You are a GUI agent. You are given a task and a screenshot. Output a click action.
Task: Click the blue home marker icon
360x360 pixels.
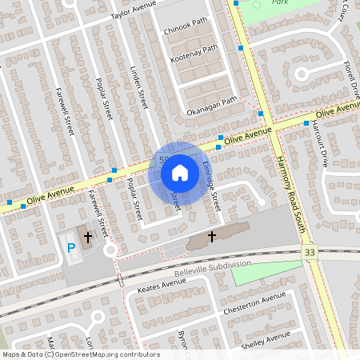click(180, 172)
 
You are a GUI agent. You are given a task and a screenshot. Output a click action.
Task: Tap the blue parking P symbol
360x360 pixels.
click(71, 248)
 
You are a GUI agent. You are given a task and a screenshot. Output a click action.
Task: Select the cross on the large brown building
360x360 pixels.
click(212, 236)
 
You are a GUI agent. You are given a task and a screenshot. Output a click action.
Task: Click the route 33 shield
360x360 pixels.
click(310, 252)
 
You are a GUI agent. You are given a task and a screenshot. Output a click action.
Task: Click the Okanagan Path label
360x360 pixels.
click(211, 105)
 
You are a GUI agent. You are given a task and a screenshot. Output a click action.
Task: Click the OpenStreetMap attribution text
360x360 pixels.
click(80, 354)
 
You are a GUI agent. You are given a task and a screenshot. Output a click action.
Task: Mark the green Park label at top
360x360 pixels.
click(279, 3)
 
